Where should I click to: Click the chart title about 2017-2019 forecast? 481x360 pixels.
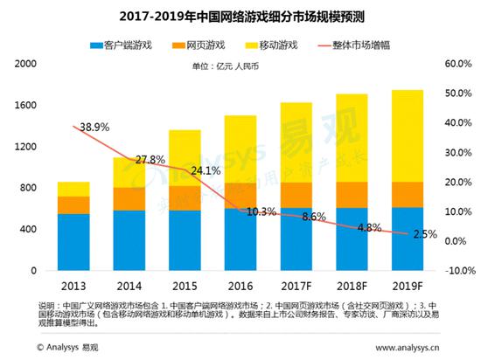click(x=240, y=15)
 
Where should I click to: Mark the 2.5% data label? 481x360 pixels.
click(x=426, y=235)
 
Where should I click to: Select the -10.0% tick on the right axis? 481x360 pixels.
click(x=458, y=270)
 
